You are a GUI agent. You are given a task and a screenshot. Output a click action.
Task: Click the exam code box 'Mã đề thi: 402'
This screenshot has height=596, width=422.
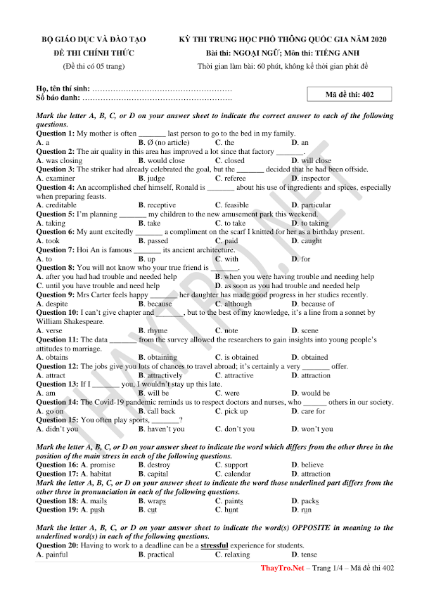[349, 94]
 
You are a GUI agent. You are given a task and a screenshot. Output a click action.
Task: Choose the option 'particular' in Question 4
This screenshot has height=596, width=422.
[316, 205]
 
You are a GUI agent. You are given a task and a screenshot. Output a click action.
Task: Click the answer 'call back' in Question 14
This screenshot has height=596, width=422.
[161, 411]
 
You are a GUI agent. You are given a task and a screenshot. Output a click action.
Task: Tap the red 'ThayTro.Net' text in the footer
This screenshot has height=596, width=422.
[281, 588]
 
